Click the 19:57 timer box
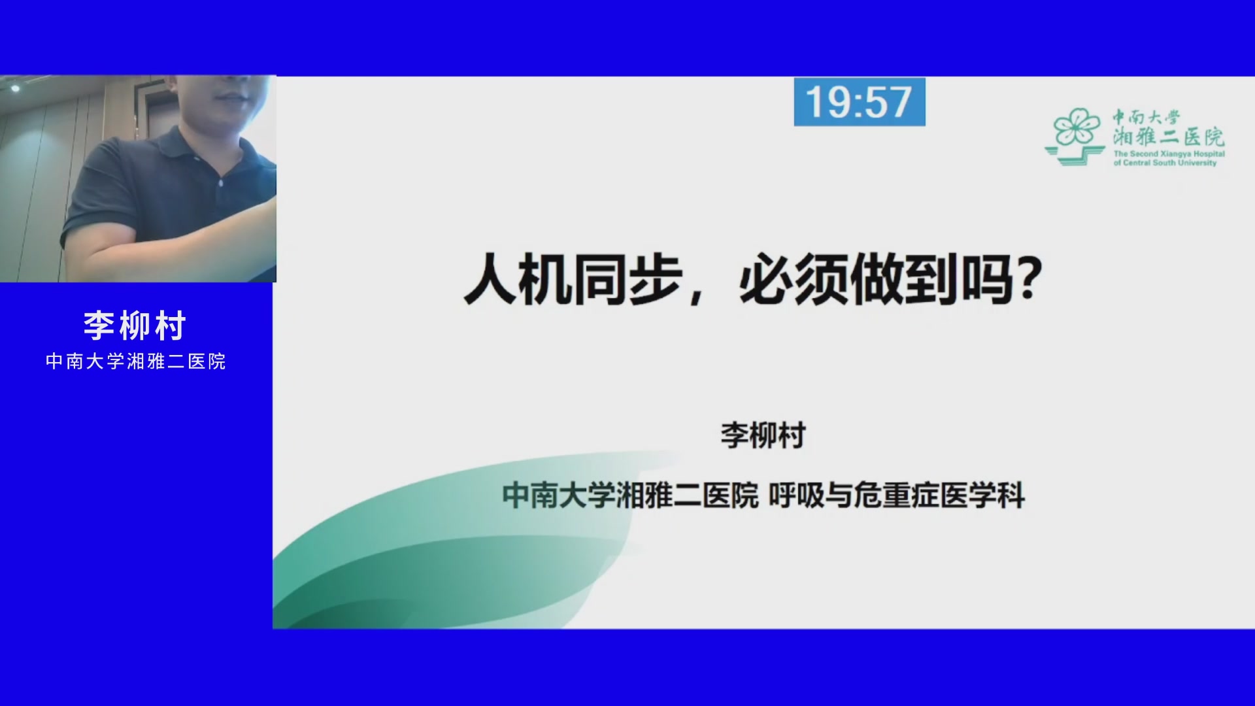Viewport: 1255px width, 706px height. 860,102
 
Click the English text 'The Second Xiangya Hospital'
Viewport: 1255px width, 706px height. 1169,154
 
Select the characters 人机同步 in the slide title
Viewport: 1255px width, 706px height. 573,280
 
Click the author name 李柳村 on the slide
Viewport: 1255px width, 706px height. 763,435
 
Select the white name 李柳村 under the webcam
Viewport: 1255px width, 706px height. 135,326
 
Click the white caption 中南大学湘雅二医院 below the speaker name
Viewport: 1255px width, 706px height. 136,361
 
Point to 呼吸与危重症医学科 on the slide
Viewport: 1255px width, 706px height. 896,496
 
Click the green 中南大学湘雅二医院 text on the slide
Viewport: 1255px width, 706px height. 630,496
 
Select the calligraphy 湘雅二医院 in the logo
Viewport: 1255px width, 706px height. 1169,137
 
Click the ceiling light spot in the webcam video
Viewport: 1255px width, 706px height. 16,87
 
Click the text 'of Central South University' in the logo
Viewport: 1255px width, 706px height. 1165,163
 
